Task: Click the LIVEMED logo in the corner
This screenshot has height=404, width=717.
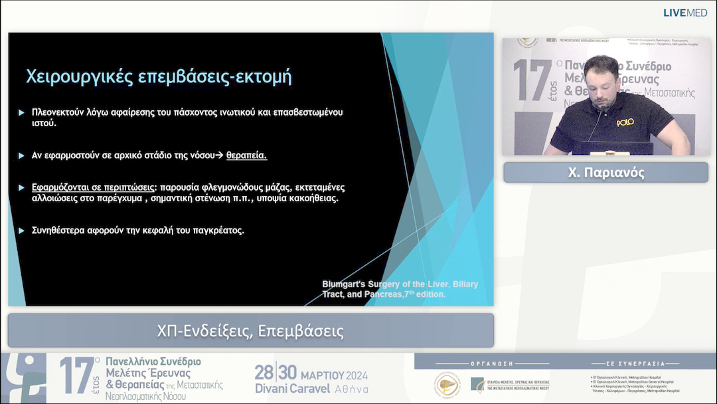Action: point(685,13)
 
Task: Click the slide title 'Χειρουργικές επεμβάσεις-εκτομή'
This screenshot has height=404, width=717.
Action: point(159,76)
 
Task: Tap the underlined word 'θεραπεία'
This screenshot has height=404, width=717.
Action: point(246,155)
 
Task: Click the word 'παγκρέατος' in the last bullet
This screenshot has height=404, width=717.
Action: point(218,231)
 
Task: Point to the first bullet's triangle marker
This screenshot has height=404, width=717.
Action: point(22,112)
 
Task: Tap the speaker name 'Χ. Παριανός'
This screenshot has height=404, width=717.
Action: point(605,173)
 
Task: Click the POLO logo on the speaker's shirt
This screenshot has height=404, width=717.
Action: point(625,122)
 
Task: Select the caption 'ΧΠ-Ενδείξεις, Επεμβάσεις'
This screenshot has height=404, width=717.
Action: point(250,330)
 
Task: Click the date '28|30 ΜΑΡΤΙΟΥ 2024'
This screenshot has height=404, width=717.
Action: point(311,373)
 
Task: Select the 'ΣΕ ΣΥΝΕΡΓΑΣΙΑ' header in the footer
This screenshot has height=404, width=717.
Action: point(635,364)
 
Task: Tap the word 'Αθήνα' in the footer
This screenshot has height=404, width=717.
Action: point(349,389)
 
